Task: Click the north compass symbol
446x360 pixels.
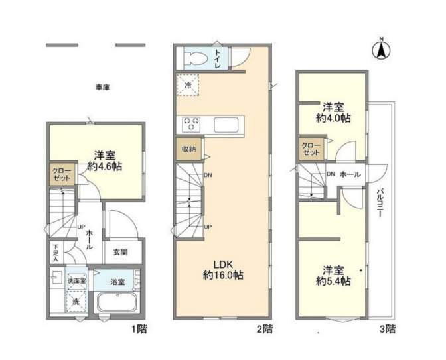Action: pyautogui.click(x=381, y=50)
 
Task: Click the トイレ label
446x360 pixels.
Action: pyautogui.click(x=218, y=58)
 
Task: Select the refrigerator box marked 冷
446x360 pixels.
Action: pyautogui.click(x=188, y=85)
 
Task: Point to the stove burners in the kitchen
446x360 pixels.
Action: pyautogui.click(x=191, y=124)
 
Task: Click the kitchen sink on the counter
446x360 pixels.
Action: pyautogui.click(x=226, y=125)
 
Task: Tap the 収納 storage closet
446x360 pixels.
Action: pyautogui.click(x=189, y=149)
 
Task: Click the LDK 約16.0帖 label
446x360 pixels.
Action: pyautogui.click(x=223, y=270)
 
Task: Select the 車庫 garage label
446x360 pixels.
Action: pyautogui.click(x=102, y=88)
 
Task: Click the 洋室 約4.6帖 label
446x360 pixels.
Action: pyautogui.click(x=105, y=161)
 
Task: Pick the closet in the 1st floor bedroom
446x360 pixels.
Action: pyautogui.click(x=62, y=175)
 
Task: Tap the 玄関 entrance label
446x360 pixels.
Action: pyautogui.click(x=121, y=252)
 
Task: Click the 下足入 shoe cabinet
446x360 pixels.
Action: pyautogui.click(x=56, y=252)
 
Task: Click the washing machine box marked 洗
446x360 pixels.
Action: pyautogui.click(x=76, y=302)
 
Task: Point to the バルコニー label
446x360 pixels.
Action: pyautogui.click(x=380, y=203)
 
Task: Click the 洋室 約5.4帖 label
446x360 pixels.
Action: pyautogui.click(x=333, y=275)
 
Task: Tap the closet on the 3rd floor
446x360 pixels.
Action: pyautogui.click(x=311, y=149)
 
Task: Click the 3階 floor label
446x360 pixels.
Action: pyautogui.click(x=388, y=329)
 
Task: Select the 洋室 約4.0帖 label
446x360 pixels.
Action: pyautogui.click(x=333, y=113)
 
